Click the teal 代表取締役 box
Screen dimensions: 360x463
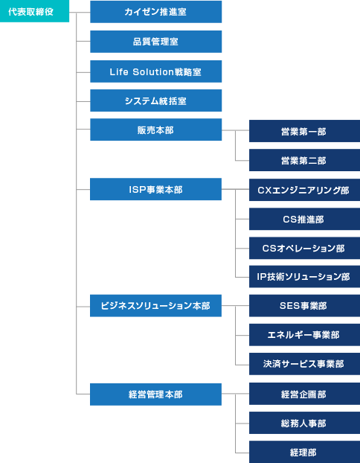34,11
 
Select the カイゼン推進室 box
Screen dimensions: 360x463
155,12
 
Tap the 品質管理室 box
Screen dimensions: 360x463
155,42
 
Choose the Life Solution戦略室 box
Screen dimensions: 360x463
155,71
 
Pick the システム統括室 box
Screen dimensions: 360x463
155,100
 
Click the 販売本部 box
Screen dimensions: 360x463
155,130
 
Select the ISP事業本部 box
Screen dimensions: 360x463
155,189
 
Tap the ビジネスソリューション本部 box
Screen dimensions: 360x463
155,306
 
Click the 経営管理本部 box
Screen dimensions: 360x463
155,395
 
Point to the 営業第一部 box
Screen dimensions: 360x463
304,131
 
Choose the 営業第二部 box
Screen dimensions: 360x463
304,160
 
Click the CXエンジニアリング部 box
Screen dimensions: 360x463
304,190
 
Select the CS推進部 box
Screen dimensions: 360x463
304,219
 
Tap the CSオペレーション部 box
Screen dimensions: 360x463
304,248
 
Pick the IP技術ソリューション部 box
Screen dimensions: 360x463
304,277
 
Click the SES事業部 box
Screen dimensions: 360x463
304,306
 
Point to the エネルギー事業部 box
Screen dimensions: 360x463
304,335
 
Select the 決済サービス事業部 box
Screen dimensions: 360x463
304,364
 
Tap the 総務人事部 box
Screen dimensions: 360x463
304,423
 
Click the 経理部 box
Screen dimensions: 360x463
304,452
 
